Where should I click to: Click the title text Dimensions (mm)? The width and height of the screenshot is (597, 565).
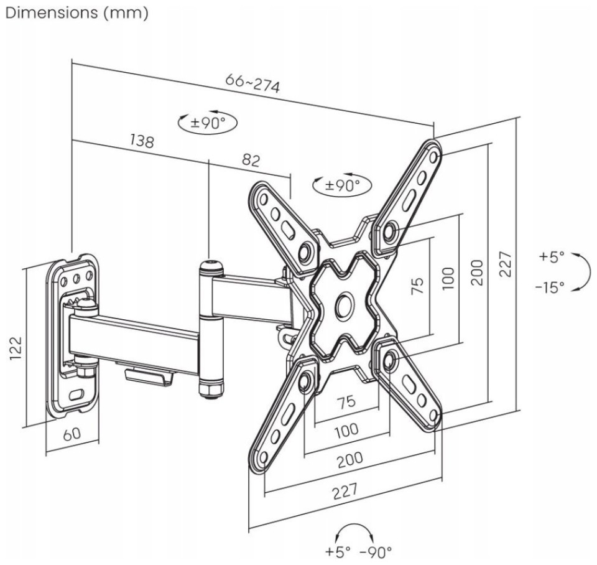click(x=77, y=13)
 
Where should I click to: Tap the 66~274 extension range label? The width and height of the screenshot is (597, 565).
click(x=252, y=83)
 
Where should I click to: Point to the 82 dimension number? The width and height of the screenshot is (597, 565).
click(x=251, y=160)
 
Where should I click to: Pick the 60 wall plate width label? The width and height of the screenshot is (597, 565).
click(x=72, y=434)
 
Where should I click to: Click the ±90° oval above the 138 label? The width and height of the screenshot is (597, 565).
click(x=208, y=123)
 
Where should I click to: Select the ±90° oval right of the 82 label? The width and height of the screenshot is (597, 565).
click(x=342, y=185)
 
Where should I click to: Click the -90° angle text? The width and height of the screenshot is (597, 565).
click(x=376, y=551)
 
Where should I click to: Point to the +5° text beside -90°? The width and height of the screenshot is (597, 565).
click(x=338, y=551)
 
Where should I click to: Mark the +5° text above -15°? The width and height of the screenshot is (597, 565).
click(x=552, y=257)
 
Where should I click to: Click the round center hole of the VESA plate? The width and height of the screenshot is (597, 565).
click(x=345, y=305)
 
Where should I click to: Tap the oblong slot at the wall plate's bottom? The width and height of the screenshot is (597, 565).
click(x=76, y=394)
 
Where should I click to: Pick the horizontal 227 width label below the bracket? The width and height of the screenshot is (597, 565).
click(x=345, y=491)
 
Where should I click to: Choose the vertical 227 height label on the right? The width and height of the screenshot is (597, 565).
click(x=505, y=264)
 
